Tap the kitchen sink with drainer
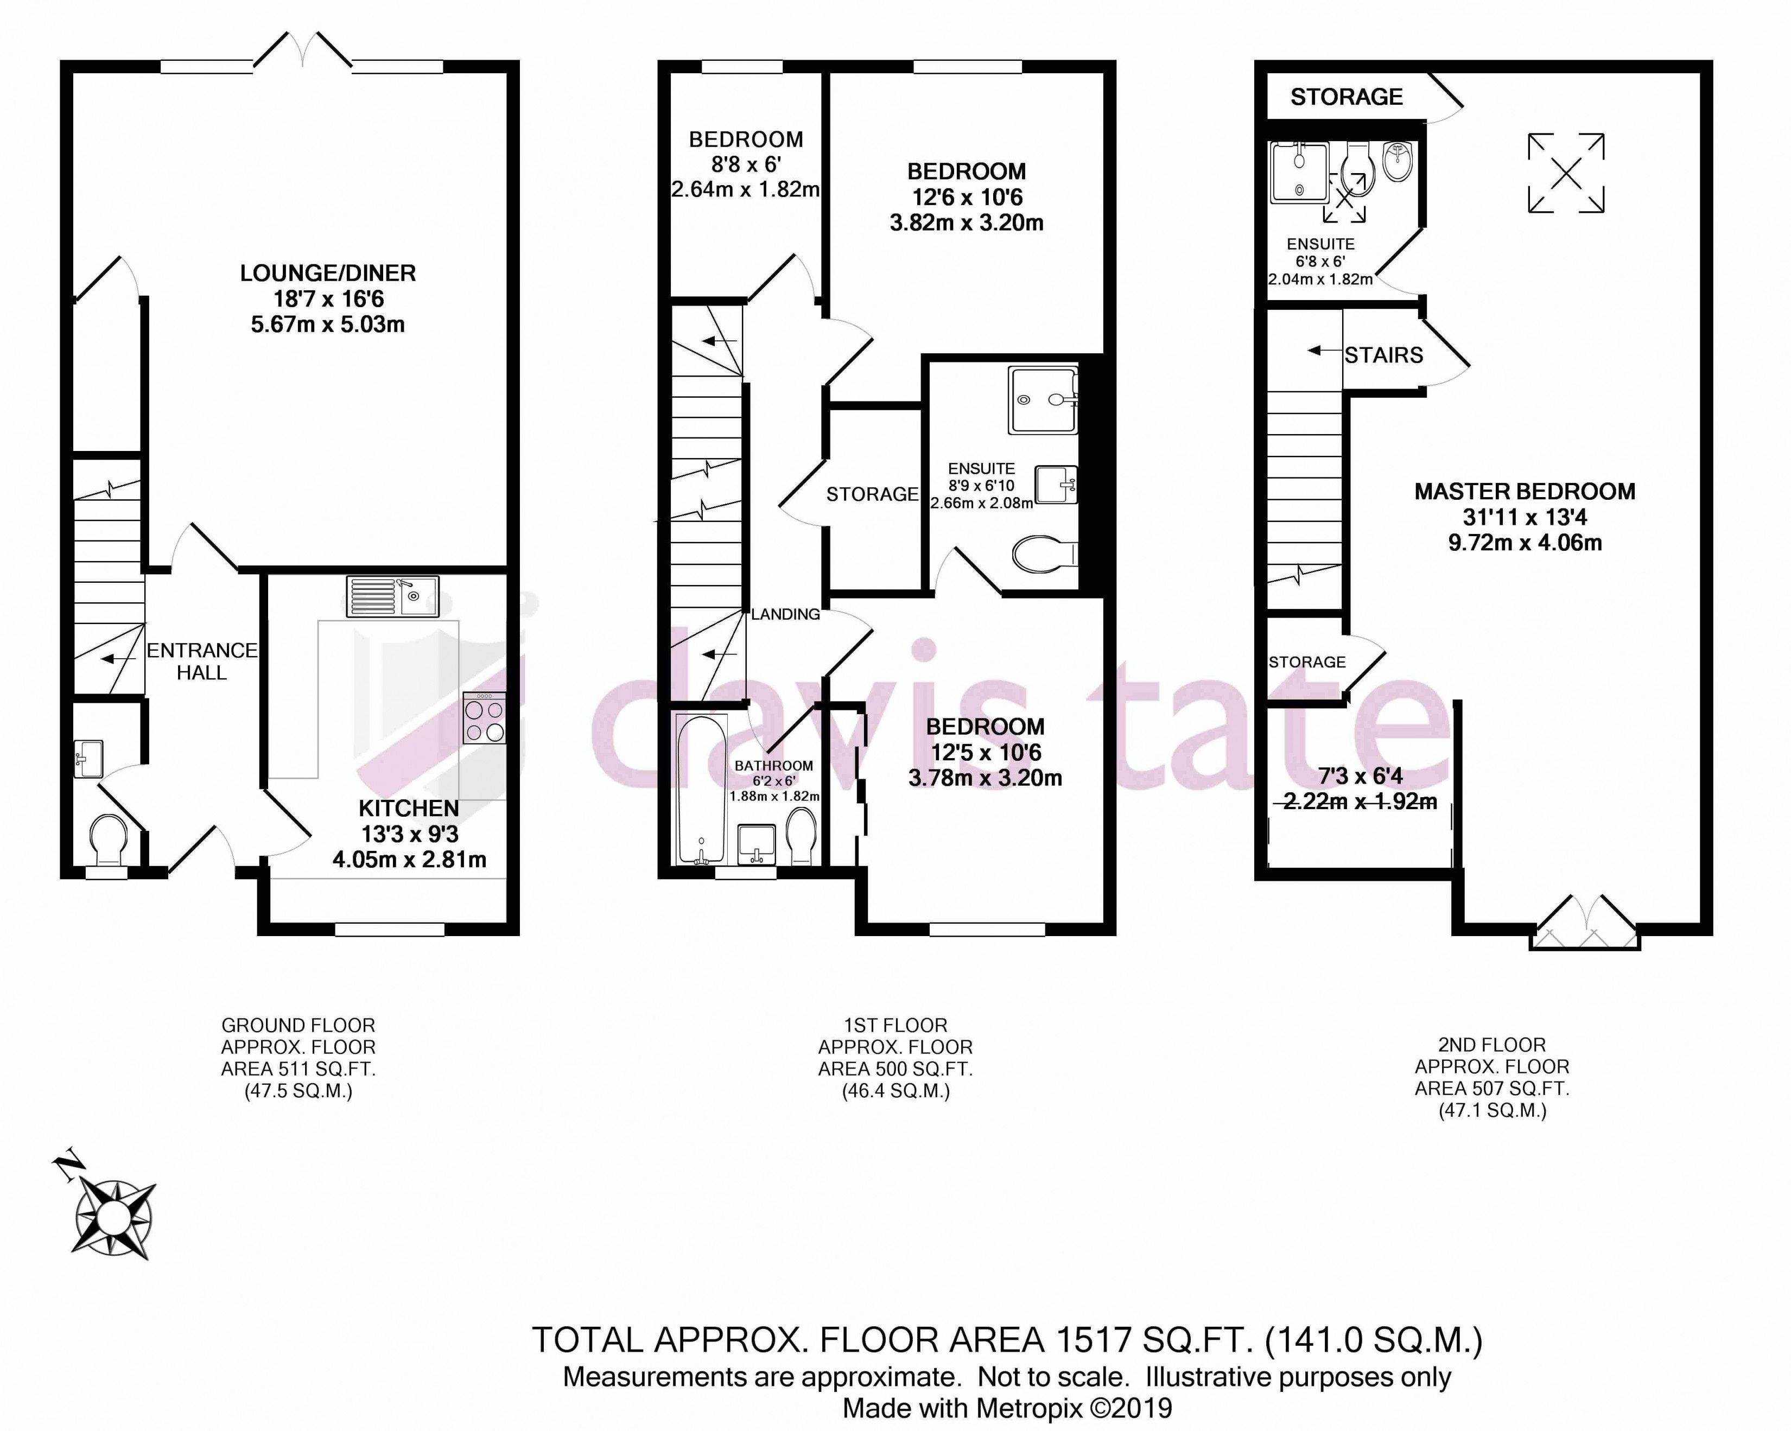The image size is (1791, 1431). [392, 596]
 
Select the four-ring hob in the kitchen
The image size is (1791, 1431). [484, 717]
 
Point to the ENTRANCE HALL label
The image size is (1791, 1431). [202, 661]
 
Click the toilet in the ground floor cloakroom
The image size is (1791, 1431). [108, 841]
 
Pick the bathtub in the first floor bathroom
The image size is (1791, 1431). [702, 790]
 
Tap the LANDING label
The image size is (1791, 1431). [785, 615]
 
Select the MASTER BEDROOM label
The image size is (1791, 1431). [1525, 492]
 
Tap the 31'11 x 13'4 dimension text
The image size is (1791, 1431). [1525, 517]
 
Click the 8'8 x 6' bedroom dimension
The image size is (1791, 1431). [745, 164]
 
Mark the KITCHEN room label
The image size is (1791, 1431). [409, 808]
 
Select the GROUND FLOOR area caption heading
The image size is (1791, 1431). [298, 1026]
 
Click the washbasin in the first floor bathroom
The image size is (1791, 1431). [756, 844]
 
